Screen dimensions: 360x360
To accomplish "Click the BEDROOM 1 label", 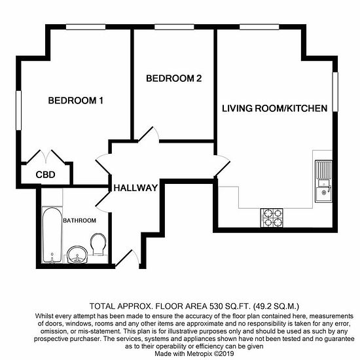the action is (76, 101).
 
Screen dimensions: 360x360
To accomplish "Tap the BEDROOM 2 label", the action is (174, 79).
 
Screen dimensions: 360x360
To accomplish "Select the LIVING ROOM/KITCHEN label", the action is (275, 109).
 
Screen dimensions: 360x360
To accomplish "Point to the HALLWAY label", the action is (135, 188).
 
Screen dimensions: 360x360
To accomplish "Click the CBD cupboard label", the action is (45, 175).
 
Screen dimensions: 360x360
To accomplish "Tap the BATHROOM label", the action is (79, 221).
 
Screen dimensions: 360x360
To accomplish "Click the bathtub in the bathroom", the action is (52, 235).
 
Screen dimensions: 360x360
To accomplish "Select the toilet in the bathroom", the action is (98, 244).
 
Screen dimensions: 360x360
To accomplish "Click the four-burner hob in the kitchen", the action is (272, 218).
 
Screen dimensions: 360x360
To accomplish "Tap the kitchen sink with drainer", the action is (323, 181).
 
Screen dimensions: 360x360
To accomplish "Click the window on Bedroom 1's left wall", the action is (18, 111).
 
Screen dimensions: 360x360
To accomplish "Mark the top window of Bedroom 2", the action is (174, 27).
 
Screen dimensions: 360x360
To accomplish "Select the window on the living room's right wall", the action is (335, 92).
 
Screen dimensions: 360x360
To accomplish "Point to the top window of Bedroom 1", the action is (86, 27).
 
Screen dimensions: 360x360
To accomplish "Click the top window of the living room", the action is (259, 27).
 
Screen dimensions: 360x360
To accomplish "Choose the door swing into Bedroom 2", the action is (149, 134).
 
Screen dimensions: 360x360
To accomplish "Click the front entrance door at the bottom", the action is (128, 259).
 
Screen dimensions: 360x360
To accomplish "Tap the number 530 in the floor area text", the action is (216, 306).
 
